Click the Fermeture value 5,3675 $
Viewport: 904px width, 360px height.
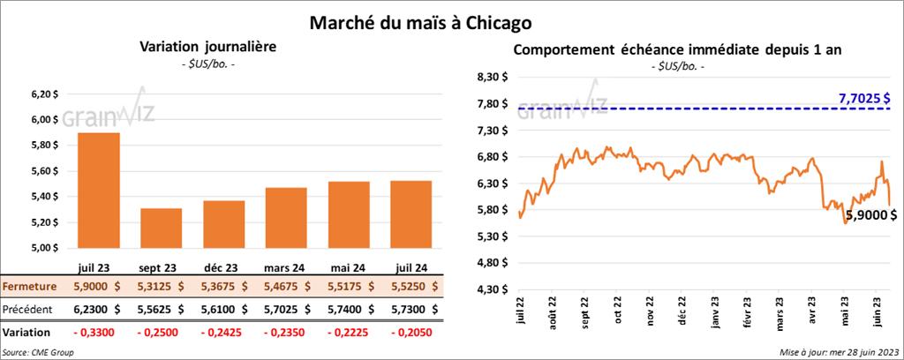222,287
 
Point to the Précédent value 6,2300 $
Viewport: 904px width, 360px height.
99,310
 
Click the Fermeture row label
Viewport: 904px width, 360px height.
30,287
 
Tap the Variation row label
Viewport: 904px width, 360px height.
26,333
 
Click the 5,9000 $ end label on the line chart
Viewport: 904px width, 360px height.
870,214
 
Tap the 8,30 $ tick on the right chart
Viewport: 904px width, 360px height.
493,78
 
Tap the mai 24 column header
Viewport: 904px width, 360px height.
347,266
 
